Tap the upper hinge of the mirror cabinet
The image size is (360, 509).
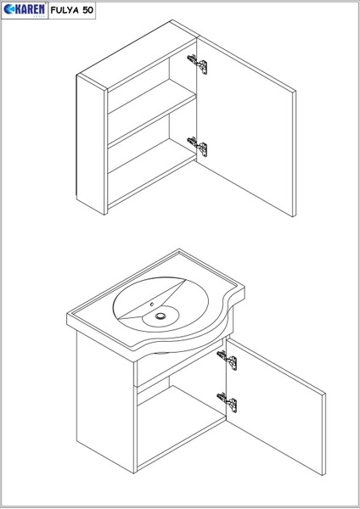click(x=197, y=63)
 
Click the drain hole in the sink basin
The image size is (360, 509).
click(x=160, y=318)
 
